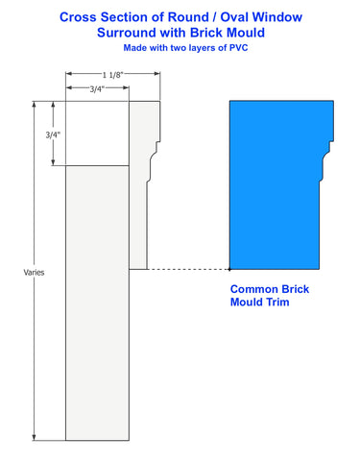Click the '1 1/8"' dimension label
(x=112, y=74)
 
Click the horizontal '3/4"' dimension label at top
(x=97, y=89)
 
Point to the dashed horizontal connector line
(x=187, y=269)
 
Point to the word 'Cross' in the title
(x=81, y=16)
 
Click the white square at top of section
(x=97, y=133)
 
